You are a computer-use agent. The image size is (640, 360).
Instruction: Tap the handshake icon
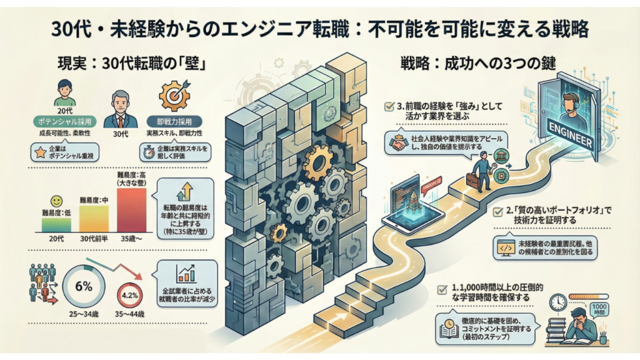click(x=397, y=143)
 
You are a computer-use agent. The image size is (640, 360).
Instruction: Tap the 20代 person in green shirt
click(x=64, y=92)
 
